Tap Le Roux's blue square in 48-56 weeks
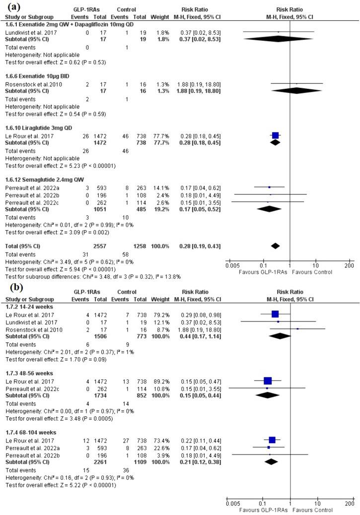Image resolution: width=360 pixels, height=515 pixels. point(268,381)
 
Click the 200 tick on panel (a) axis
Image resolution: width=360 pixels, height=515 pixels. point(348,265)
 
